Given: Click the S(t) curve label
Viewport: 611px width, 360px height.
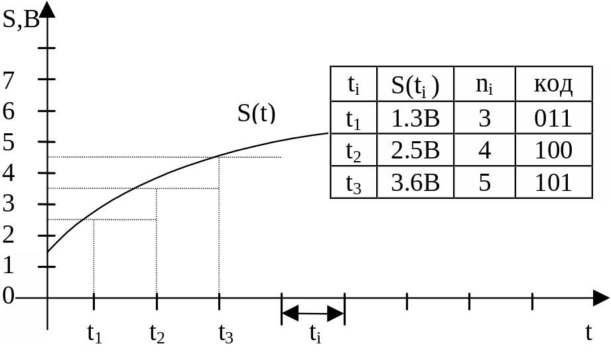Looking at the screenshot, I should (257, 114).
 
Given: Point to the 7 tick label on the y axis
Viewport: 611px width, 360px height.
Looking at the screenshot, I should (9, 80).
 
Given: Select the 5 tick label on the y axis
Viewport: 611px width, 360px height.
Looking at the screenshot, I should (9, 142).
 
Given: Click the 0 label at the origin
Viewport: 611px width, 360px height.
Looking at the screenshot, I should (8, 296).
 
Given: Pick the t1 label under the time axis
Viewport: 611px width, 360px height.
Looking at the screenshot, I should (94, 333).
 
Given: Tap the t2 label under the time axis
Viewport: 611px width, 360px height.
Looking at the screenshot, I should (157, 333).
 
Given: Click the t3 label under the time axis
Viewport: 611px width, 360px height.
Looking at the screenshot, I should (226, 333).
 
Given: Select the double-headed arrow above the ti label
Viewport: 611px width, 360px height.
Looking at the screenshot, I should (313, 314).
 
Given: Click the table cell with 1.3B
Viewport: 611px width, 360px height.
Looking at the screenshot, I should (415, 119).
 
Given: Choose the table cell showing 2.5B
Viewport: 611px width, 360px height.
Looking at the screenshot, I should (415, 150).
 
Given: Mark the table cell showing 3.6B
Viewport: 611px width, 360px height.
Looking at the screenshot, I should (415, 182).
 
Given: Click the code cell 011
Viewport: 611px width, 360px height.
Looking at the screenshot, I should (553, 119).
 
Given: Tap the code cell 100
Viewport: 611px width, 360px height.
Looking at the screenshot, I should (553, 150).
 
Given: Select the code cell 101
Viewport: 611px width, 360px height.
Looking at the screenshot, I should (553, 182).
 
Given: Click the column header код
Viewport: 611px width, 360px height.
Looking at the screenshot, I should (553, 85).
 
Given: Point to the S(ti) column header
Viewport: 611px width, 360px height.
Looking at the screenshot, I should (415, 85).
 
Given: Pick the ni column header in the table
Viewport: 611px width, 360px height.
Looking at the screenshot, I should (484, 85).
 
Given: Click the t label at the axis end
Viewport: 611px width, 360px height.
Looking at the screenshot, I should (588, 333).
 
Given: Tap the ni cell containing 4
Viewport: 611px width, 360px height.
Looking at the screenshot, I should (484, 150).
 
